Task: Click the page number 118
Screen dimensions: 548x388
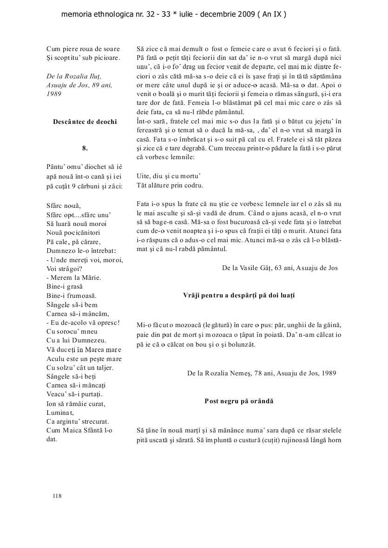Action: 57,496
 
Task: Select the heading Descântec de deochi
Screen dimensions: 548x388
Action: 85,122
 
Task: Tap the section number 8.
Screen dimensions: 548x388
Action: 85,148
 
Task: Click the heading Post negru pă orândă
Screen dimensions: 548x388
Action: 239,401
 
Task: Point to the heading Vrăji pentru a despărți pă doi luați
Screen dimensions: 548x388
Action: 239,295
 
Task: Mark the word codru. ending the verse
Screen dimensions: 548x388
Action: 193,185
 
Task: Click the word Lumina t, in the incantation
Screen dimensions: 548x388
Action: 60,413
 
